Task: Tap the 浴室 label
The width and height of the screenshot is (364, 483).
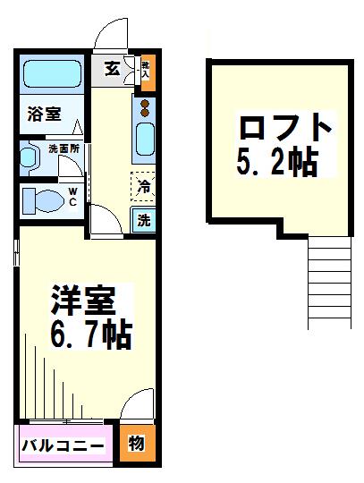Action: pos(42,114)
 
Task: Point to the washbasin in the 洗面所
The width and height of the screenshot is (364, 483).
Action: pos(30,158)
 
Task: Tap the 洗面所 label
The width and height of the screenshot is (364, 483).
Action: pos(63,148)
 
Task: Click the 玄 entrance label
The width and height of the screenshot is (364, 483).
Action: pos(112,69)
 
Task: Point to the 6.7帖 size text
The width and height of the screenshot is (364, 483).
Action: pos(89,335)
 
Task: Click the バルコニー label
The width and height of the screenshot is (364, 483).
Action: pos(63,444)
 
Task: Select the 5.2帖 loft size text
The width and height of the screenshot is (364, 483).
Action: pos(278,162)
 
